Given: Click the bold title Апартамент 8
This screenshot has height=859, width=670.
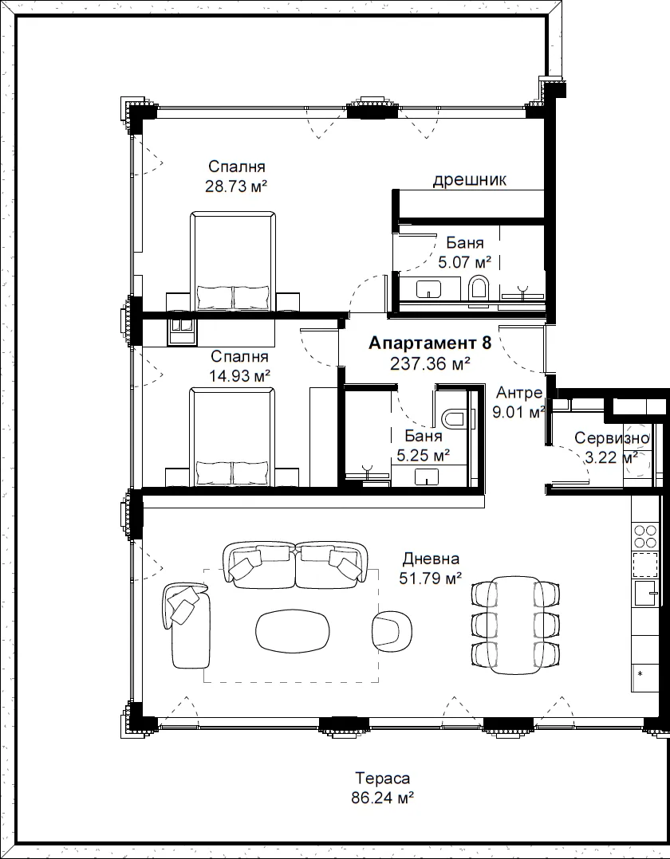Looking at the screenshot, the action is point(430,343).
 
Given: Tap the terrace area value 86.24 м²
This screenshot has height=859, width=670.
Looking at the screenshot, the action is point(382,798).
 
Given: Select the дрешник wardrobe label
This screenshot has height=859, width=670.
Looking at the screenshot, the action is point(470,180).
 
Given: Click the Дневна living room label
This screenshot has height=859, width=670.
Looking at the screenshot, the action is point(431,559).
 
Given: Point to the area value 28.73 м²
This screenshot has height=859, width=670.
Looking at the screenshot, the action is point(236,186).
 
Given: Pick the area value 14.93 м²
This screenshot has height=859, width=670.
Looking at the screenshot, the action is point(240,376).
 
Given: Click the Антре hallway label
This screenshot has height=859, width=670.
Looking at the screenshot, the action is point(519,393).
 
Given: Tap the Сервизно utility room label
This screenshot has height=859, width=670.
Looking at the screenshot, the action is point(612,437).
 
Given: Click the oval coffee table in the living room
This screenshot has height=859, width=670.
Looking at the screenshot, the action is point(293,631).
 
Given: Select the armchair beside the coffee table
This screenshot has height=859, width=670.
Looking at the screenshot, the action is point(392,630).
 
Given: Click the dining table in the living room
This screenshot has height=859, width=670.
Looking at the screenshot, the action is point(516,625).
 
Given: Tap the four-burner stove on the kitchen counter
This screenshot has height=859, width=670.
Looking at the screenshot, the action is point(645,536).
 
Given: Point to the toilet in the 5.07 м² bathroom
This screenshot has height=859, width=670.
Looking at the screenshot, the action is point(479,287).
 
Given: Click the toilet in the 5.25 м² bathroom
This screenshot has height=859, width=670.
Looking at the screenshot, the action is point(453,418).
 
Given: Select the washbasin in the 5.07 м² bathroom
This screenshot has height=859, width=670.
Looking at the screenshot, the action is point(429,288).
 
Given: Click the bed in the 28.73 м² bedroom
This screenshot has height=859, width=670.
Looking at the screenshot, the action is point(233,261).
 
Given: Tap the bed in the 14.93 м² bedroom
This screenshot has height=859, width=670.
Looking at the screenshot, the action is point(232,437).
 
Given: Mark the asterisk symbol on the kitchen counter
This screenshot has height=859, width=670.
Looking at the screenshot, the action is point(640,674).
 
